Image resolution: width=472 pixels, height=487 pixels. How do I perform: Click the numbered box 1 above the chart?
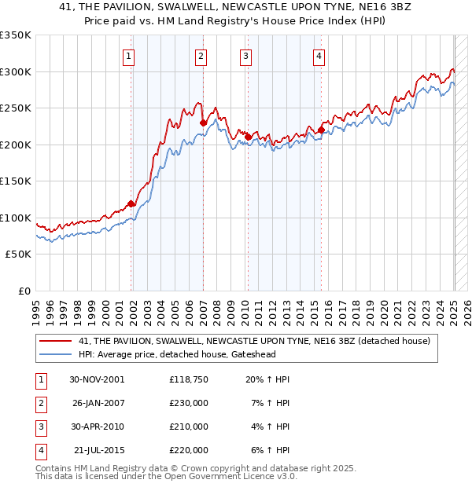[127, 56]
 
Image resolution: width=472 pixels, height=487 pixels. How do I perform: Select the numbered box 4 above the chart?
[319, 56]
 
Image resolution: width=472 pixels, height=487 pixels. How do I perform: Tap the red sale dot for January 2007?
[203, 123]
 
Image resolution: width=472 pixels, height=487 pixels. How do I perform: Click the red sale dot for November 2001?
[131, 204]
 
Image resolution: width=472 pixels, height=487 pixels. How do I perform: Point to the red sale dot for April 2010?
[248, 137]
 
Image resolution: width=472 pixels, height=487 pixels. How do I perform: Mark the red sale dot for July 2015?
[321, 130]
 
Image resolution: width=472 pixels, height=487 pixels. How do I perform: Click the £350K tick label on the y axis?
[16, 35]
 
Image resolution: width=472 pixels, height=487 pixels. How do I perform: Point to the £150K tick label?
[16, 181]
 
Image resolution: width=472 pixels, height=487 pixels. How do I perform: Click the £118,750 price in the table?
[188, 379]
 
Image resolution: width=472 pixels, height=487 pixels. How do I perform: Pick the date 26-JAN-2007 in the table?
[98, 403]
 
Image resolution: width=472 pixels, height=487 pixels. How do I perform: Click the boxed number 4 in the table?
[40, 451]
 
